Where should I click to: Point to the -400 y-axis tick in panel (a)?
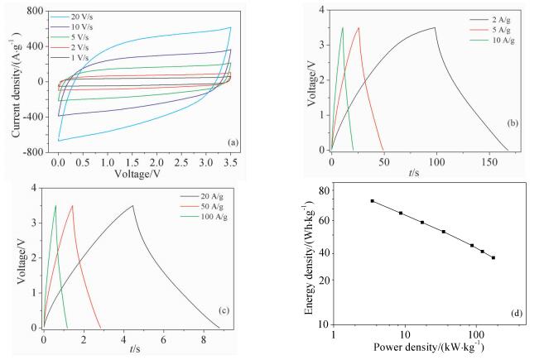tap(35, 117)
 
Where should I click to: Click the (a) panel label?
tap(233, 143)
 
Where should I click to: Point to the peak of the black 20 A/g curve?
tap(132, 206)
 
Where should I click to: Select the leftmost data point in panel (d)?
tap(373, 201)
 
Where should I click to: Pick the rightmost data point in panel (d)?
tap(493, 257)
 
